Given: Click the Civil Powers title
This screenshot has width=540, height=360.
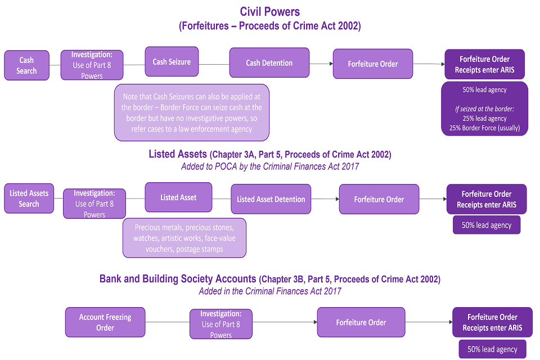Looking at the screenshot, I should click(x=269, y=11).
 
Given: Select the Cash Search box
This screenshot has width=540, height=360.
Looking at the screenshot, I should click(x=26, y=65).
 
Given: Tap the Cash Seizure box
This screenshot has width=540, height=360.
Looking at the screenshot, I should click(x=172, y=62).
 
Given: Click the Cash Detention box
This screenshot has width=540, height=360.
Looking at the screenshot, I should click(x=269, y=62).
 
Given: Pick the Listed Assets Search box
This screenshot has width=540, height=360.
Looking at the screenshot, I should click(x=29, y=198).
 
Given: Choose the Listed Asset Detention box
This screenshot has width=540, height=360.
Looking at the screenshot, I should click(x=271, y=199).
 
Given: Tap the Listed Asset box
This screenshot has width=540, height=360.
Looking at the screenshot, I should click(x=178, y=197).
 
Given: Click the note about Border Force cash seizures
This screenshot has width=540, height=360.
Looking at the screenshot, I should click(x=192, y=112).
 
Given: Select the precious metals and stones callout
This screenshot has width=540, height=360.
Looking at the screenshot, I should click(x=184, y=238).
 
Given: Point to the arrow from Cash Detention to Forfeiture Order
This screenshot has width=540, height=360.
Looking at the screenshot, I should click(x=321, y=64).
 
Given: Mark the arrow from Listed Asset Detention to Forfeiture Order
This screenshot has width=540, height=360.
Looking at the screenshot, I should click(x=325, y=199).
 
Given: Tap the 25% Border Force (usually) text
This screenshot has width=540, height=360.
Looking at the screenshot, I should click(x=484, y=128).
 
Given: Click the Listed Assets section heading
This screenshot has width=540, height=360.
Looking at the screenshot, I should click(x=269, y=154).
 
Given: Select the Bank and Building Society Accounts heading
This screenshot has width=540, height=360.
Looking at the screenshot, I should click(x=269, y=279).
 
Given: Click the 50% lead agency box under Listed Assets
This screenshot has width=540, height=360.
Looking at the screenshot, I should click(x=486, y=225).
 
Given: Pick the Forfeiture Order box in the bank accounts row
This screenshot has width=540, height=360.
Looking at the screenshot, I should click(x=361, y=322).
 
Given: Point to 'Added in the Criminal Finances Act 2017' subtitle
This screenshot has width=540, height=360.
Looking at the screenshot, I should click(x=269, y=291).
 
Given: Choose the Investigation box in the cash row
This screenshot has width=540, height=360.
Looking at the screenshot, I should click(x=92, y=65).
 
